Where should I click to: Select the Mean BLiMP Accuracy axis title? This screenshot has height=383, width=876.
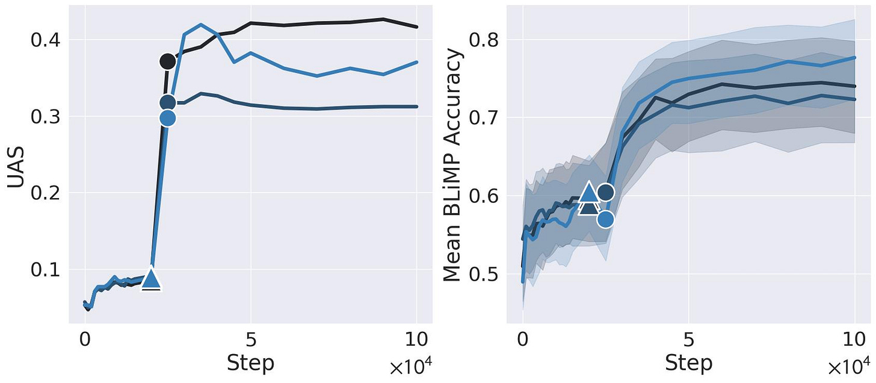point(455,165)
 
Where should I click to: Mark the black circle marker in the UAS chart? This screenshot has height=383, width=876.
point(168,61)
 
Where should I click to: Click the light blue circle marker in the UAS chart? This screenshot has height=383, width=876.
point(168,117)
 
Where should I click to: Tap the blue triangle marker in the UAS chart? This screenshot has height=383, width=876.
point(151,279)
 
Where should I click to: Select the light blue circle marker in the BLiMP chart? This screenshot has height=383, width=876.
point(606,219)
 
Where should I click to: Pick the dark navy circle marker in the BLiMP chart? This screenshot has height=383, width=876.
point(606,192)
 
